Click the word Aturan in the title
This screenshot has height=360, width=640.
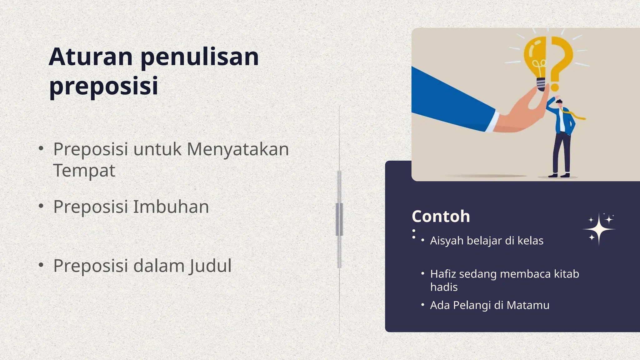point(91,57)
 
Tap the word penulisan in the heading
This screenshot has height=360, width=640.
point(200,57)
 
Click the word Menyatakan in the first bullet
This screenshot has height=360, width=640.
point(237,149)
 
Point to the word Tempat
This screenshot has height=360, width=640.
point(84,171)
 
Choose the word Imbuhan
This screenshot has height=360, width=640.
point(171,207)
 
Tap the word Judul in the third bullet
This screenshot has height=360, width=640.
point(210,266)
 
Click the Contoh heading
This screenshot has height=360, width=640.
point(441,216)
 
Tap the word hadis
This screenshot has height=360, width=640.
point(444,287)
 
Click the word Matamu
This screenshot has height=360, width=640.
point(528,305)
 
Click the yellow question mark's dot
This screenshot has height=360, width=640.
point(555,87)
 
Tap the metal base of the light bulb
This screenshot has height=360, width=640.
point(542,84)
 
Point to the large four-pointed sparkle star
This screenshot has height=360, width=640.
point(598,230)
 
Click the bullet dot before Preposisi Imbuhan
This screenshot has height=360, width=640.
point(41,207)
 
